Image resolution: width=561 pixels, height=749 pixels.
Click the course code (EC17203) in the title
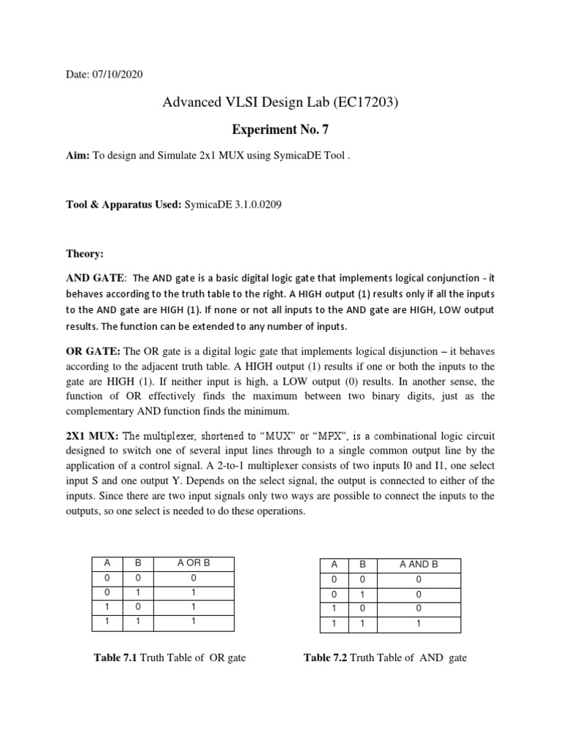click(x=365, y=104)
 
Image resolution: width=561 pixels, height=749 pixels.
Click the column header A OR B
click(x=193, y=563)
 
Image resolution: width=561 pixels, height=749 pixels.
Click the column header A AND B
click(x=419, y=565)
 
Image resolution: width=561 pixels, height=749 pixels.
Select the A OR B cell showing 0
click(x=193, y=577)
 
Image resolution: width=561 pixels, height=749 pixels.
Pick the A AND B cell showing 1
click(x=419, y=624)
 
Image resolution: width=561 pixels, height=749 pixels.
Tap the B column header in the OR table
click(x=140, y=563)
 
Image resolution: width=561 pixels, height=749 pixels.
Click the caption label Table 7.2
click(x=325, y=658)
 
